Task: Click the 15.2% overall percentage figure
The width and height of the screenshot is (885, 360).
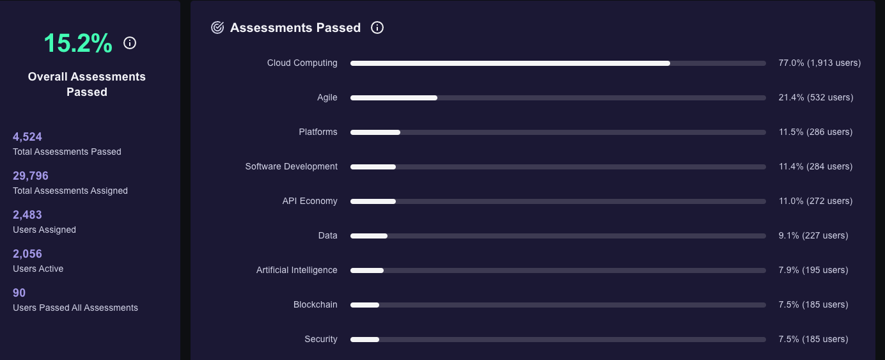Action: tap(78, 43)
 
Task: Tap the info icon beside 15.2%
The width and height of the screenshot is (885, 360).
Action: tap(130, 43)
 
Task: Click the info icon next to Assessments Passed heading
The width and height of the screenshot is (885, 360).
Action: tap(377, 27)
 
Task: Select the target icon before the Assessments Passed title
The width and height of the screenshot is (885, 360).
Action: tap(217, 27)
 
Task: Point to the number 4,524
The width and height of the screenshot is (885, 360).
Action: tap(27, 137)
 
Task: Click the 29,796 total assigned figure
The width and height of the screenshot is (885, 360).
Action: tap(31, 176)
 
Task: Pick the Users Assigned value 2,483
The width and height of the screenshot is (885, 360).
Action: tap(27, 215)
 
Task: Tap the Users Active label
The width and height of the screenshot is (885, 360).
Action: tap(38, 269)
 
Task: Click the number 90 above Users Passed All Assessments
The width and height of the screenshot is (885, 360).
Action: tap(19, 293)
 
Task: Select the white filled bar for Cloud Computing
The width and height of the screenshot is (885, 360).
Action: tap(510, 63)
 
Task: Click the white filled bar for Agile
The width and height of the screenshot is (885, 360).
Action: tap(394, 98)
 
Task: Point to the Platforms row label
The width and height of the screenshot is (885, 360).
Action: tap(318, 132)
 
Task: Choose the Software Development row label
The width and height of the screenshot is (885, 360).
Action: tap(291, 166)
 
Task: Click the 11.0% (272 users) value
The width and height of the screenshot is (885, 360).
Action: tap(815, 201)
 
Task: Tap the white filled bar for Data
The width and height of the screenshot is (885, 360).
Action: tap(369, 236)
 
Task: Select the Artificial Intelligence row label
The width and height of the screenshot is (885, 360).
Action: tap(297, 270)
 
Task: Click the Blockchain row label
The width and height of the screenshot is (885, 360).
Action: tap(315, 304)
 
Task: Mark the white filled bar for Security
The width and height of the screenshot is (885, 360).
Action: tap(364, 340)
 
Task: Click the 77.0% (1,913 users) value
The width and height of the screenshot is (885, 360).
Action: tap(819, 63)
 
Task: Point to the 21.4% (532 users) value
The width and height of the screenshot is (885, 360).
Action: tap(815, 97)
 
